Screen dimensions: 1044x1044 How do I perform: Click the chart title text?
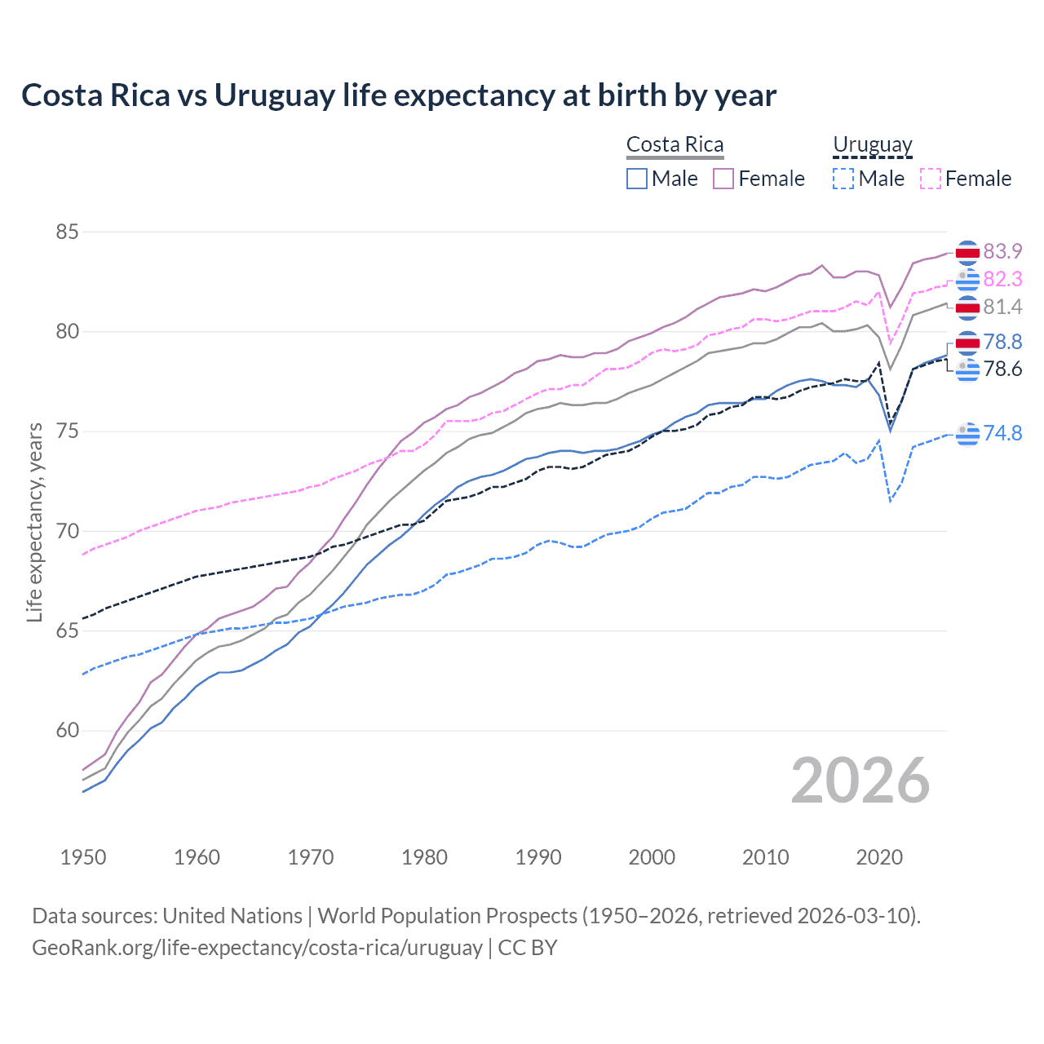(x=399, y=95)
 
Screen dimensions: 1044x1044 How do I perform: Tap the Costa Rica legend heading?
(x=675, y=145)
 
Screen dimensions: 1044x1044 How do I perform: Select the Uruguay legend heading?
(x=872, y=145)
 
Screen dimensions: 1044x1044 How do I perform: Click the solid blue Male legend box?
(x=637, y=179)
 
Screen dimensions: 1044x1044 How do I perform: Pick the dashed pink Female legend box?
(x=931, y=179)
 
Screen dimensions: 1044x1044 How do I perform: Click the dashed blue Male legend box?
(x=843, y=179)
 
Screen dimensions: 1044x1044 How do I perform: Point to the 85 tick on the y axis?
(x=68, y=232)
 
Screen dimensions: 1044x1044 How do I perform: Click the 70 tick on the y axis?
(x=68, y=532)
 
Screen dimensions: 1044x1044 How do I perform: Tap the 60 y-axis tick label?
(x=68, y=731)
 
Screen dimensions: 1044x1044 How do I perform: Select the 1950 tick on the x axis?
(x=83, y=857)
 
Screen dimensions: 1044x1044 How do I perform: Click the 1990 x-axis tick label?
(x=538, y=857)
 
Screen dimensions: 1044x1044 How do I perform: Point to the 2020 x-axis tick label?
(x=879, y=857)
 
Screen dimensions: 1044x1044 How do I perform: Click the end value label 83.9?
(x=1002, y=251)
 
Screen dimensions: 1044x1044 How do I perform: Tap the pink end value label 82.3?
(x=1002, y=279)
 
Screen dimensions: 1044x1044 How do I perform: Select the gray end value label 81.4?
(x=1002, y=307)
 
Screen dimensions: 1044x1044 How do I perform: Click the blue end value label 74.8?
(x=1002, y=433)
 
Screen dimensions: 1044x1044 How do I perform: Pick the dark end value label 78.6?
(x=1002, y=369)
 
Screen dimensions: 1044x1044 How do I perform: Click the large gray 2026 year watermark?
(x=860, y=781)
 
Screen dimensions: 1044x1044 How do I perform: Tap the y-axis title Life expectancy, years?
(x=35, y=522)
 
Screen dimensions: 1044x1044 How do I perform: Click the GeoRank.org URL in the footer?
(x=257, y=948)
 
